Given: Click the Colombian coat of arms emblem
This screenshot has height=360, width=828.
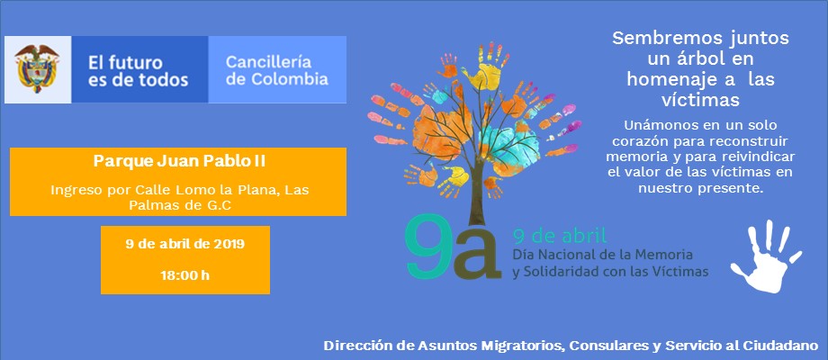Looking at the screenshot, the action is [36, 68].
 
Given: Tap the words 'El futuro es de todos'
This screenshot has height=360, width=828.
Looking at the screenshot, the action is [138, 71].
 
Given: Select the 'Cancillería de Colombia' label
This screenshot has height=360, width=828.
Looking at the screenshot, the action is [276, 70].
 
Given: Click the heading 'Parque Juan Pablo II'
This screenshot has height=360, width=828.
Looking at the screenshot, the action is [179, 161].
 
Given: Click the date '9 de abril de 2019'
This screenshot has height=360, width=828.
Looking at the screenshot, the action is [184, 244].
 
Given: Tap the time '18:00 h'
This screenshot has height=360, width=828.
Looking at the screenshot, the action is [184, 275].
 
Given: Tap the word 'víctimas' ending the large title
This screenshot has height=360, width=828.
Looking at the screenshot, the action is [700, 100].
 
